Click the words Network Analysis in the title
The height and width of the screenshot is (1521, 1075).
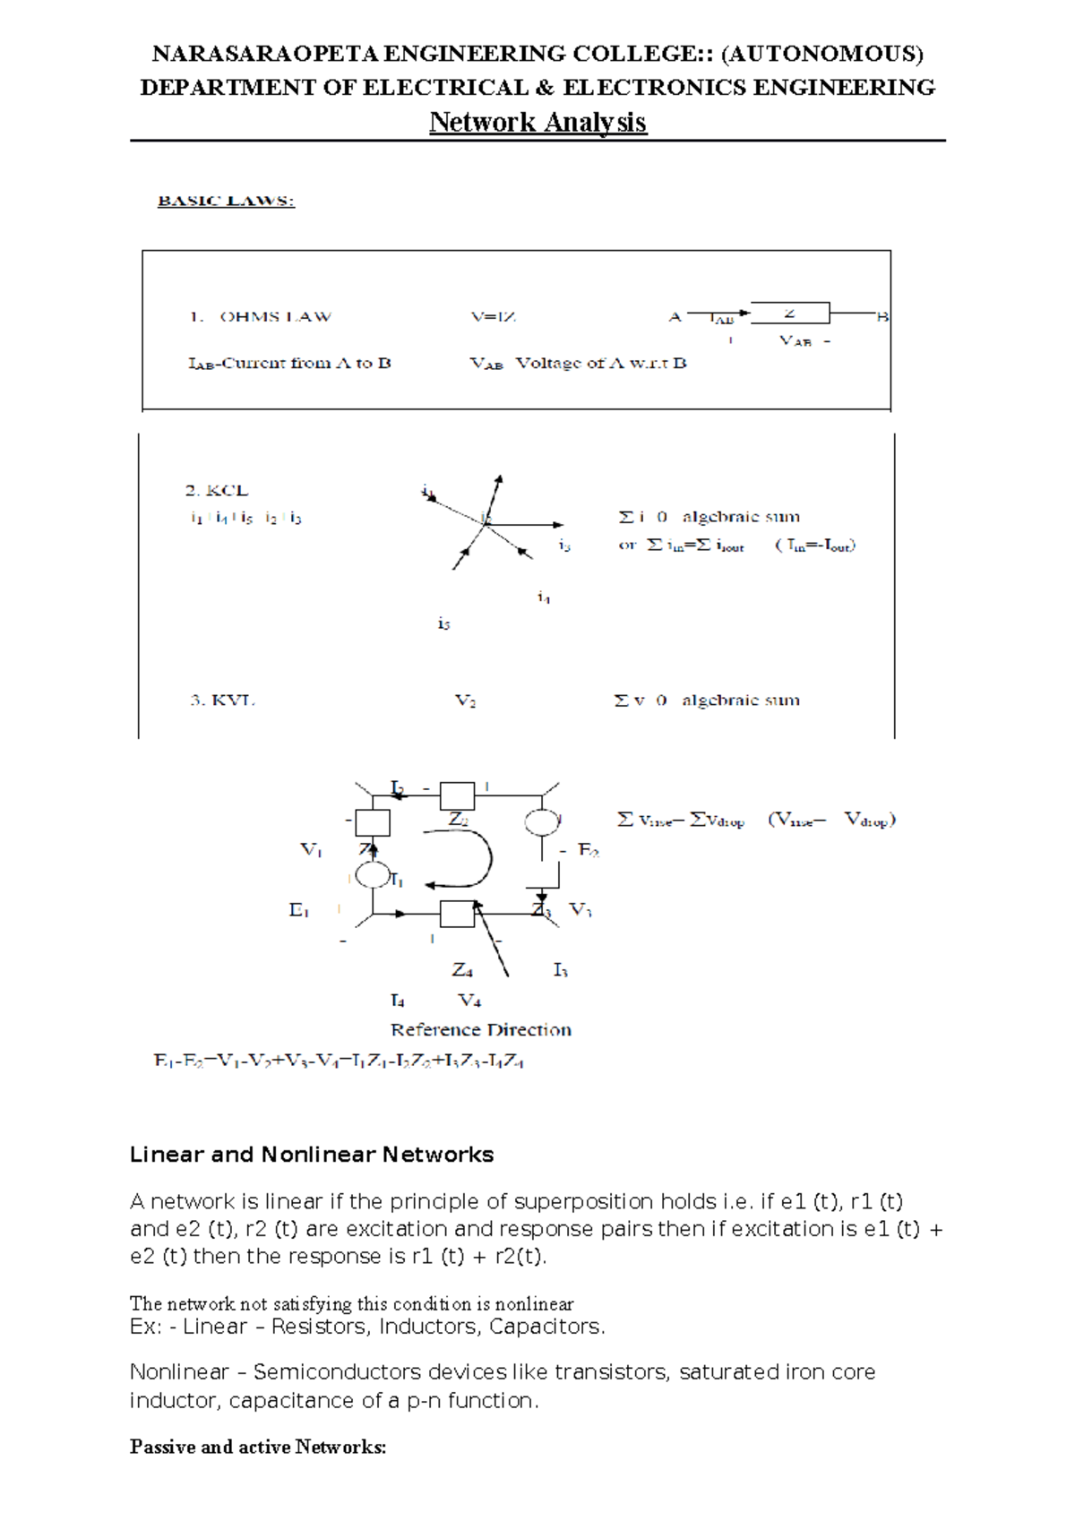pyautogui.click(x=537, y=122)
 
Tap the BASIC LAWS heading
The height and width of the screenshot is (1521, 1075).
pyautogui.click(x=226, y=201)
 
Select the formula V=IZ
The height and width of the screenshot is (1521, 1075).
pyautogui.click(x=493, y=317)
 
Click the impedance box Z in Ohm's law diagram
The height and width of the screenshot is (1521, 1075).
pyautogui.click(x=789, y=313)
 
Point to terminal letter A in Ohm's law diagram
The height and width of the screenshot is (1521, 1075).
pyautogui.click(x=675, y=317)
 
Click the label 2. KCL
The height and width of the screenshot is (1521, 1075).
pyautogui.click(x=216, y=491)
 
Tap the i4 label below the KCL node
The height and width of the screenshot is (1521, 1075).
pyautogui.click(x=544, y=597)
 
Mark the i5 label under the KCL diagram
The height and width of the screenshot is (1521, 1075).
pyautogui.click(x=443, y=623)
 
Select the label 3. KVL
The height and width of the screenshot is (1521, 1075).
pyautogui.click(x=222, y=700)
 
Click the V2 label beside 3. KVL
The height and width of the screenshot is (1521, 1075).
pyautogui.click(x=465, y=701)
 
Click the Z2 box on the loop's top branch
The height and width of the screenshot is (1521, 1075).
pyautogui.click(x=457, y=795)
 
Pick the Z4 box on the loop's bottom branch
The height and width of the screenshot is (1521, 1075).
pyautogui.click(x=457, y=914)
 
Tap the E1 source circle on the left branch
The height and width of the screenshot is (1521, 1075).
pyautogui.click(x=373, y=874)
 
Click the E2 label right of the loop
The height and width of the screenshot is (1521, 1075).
pyautogui.click(x=589, y=850)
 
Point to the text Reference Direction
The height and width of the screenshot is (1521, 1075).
pyautogui.click(x=480, y=1030)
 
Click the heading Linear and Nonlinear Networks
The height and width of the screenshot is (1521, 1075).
pyautogui.click(x=312, y=1155)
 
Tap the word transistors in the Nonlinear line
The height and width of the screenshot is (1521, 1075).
pyautogui.click(x=611, y=1372)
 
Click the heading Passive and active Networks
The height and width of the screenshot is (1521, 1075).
pyautogui.click(x=258, y=1447)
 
